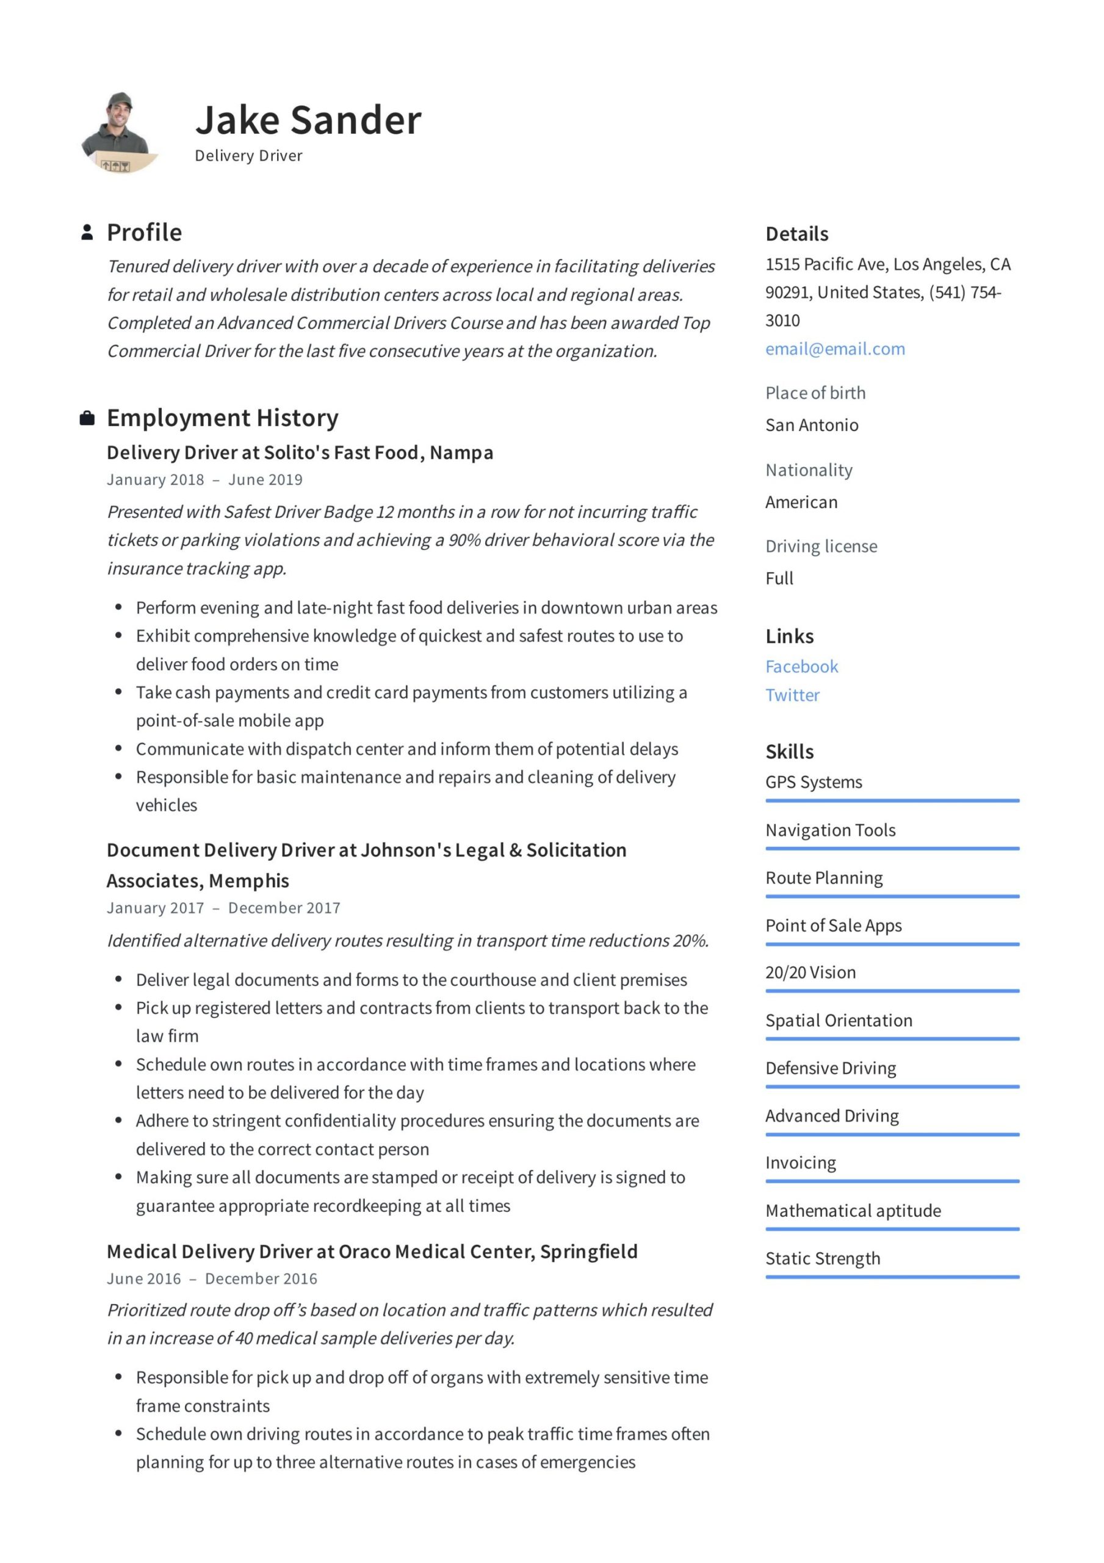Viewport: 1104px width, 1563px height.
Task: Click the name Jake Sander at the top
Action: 308,120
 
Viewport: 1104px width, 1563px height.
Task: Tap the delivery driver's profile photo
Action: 117,132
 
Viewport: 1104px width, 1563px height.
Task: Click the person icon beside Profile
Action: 87,232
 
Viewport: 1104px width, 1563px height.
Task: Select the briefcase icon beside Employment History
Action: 87,418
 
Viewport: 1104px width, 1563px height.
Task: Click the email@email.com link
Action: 834,349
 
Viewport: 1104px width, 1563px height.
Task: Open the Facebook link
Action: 801,667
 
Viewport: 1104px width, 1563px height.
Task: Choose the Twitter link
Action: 792,695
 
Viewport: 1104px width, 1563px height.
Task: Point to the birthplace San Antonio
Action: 811,425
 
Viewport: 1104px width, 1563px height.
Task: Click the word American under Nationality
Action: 801,502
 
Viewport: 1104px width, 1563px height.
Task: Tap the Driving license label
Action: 821,546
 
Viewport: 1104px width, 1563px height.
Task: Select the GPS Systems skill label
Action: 814,781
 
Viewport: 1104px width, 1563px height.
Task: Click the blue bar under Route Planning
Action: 892,896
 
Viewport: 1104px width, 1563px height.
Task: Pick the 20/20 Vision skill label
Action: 810,972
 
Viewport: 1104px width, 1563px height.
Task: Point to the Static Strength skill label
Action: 822,1258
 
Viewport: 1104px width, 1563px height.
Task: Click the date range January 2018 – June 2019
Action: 204,479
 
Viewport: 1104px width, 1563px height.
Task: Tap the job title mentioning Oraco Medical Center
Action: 372,1251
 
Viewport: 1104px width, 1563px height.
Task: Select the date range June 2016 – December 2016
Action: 212,1278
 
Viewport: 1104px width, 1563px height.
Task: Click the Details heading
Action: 796,234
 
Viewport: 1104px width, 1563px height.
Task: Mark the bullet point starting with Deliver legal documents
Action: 411,979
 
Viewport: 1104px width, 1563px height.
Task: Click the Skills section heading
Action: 789,752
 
